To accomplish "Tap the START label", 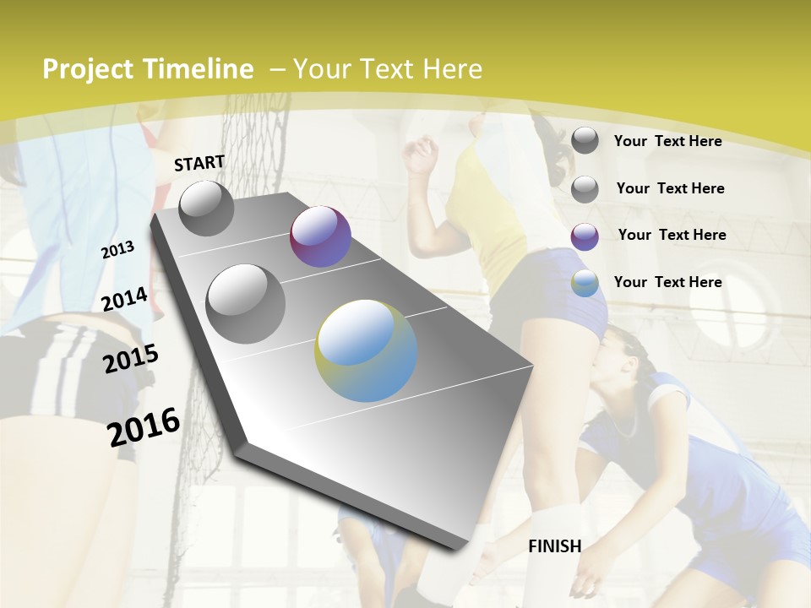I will click(x=199, y=163).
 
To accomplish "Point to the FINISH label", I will click(x=555, y=546).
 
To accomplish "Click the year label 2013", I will click(x=117, y=250).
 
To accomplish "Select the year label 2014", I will click(x=124, y=300).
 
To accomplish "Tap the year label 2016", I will click(x=144, y=427).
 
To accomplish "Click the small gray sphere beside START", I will click(x=206, y=208).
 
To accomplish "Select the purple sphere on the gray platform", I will click(x=320, y=236).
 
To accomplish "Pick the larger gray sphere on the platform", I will click(x=246, y=303).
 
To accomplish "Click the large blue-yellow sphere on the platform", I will click(x=366, y=350).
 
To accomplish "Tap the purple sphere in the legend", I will click(x=585, y=236).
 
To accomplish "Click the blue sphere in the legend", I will click(x=585, y=284).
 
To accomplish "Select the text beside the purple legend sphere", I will click(x=672, y=235).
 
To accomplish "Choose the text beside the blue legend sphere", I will click(x=667, y=282).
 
